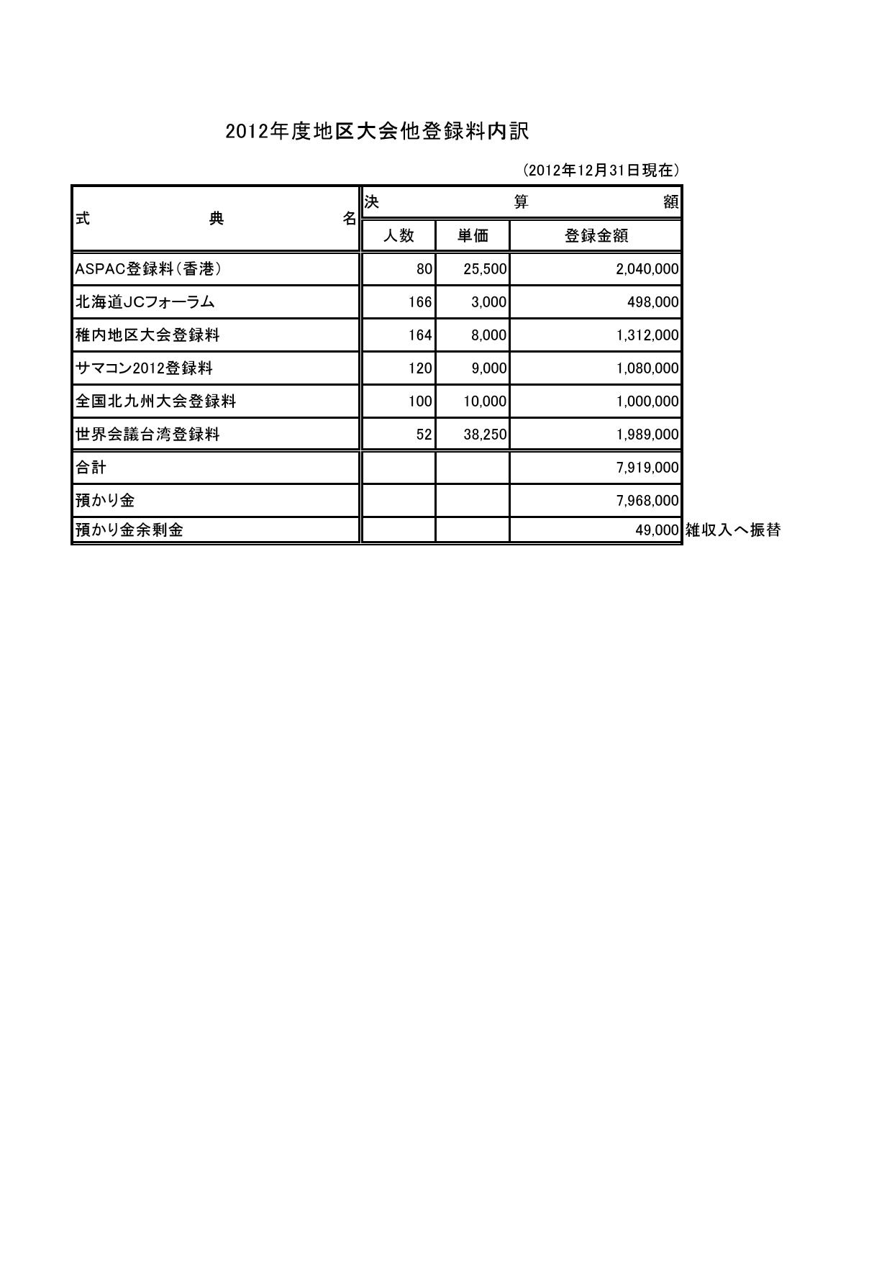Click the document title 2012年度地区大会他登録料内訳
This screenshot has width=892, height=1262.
coord(377,132)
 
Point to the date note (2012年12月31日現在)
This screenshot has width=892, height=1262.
coord(601,171)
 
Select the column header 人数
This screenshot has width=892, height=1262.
coord(399,235)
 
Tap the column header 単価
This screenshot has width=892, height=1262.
coord(473,235)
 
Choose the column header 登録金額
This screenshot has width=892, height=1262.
coord(596,235)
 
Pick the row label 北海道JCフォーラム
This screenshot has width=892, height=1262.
coord(145,302)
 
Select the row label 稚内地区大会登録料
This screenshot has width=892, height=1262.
coord(147,335)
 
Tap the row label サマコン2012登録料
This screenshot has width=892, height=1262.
coord(144,368)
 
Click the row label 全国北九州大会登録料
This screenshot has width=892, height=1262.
coord(155,401)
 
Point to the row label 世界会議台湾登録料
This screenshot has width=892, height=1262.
coord(147,435)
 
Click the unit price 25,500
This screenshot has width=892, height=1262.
coord(485,269)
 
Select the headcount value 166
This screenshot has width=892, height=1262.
coord(420,302)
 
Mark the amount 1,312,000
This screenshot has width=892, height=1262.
coord(647,335)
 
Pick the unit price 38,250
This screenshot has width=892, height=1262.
coord(485,435)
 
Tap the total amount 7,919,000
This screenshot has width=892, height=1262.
coord(647,468)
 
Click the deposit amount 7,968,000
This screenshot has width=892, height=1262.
coord(647,501)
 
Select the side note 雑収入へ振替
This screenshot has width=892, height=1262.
coord(733,531)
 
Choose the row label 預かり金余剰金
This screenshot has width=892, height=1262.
coord(129,530)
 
